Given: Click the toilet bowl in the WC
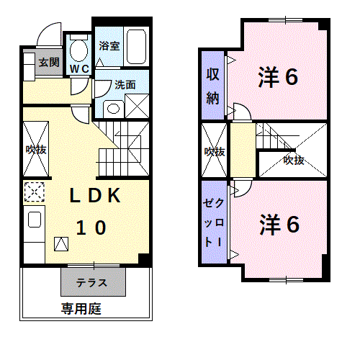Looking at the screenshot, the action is [x=78, y=50].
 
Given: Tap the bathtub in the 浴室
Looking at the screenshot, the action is [x=136, y=47].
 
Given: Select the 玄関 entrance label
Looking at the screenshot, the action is [x=49, y=63].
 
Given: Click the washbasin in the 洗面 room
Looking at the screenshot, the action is [x=113, y=109].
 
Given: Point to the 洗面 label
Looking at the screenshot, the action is [x=125, y=85].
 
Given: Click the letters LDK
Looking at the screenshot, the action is [x=95, y=196].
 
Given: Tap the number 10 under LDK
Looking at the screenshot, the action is [x=91, y=228].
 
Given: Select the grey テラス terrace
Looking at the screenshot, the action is [x=93, y=282].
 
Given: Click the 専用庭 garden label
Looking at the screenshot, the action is [x=81, y=309].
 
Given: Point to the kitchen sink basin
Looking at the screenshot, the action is [x=35, y=219].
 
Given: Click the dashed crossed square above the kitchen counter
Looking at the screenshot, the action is [x=35, y=192].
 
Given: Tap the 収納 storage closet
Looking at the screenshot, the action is [x=212, y=86].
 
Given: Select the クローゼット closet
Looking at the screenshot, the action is [x=214, y=222].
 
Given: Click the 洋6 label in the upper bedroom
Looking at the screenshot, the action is [x=278, y=77].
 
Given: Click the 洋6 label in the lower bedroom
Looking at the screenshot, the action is [x=279, y=225].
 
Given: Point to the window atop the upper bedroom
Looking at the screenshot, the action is [x=285, y=20].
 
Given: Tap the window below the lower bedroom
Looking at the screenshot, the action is [x=287, y=280].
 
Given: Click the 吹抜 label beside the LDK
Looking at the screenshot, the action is [x=36, y=150].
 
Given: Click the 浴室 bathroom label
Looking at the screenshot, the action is [x=109, y=45].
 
